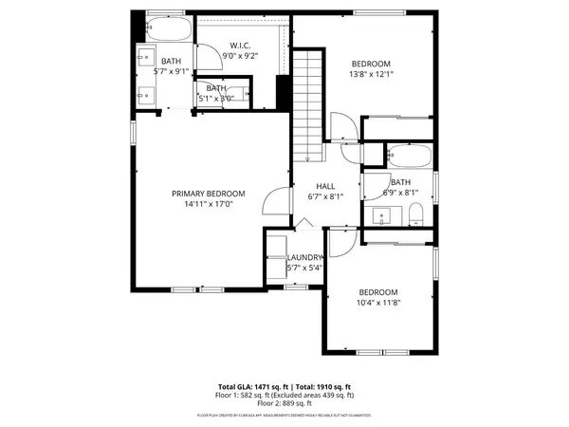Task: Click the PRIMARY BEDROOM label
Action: pos(208,194)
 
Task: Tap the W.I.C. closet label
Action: pos(238,45)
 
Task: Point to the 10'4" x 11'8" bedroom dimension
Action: pos(377,303)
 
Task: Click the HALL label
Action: pos(325,186)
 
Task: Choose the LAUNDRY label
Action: pos(305,257)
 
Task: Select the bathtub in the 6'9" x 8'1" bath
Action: pos(410,156)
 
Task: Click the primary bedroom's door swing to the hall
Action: pos(275,201)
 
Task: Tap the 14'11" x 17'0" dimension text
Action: pos(208,204)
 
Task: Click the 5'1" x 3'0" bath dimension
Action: pos(217,99)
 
